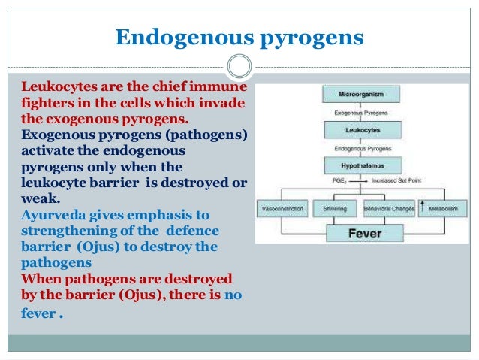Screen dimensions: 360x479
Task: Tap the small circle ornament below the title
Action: click(239, 67)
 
